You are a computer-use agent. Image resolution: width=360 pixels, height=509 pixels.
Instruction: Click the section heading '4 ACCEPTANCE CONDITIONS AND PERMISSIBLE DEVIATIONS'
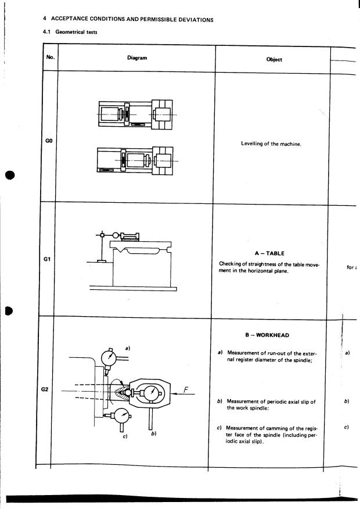coord(128,19)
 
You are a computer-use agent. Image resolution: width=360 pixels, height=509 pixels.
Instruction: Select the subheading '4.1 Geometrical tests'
coord(70,32)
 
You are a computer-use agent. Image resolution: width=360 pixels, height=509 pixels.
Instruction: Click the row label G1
coord(49,259)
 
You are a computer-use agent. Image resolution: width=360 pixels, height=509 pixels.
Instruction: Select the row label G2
coord(49,389)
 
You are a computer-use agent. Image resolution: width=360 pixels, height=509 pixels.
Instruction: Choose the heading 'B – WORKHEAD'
coord(268,335)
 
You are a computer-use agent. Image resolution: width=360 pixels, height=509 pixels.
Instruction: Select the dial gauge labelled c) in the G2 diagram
coord(122,415)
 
